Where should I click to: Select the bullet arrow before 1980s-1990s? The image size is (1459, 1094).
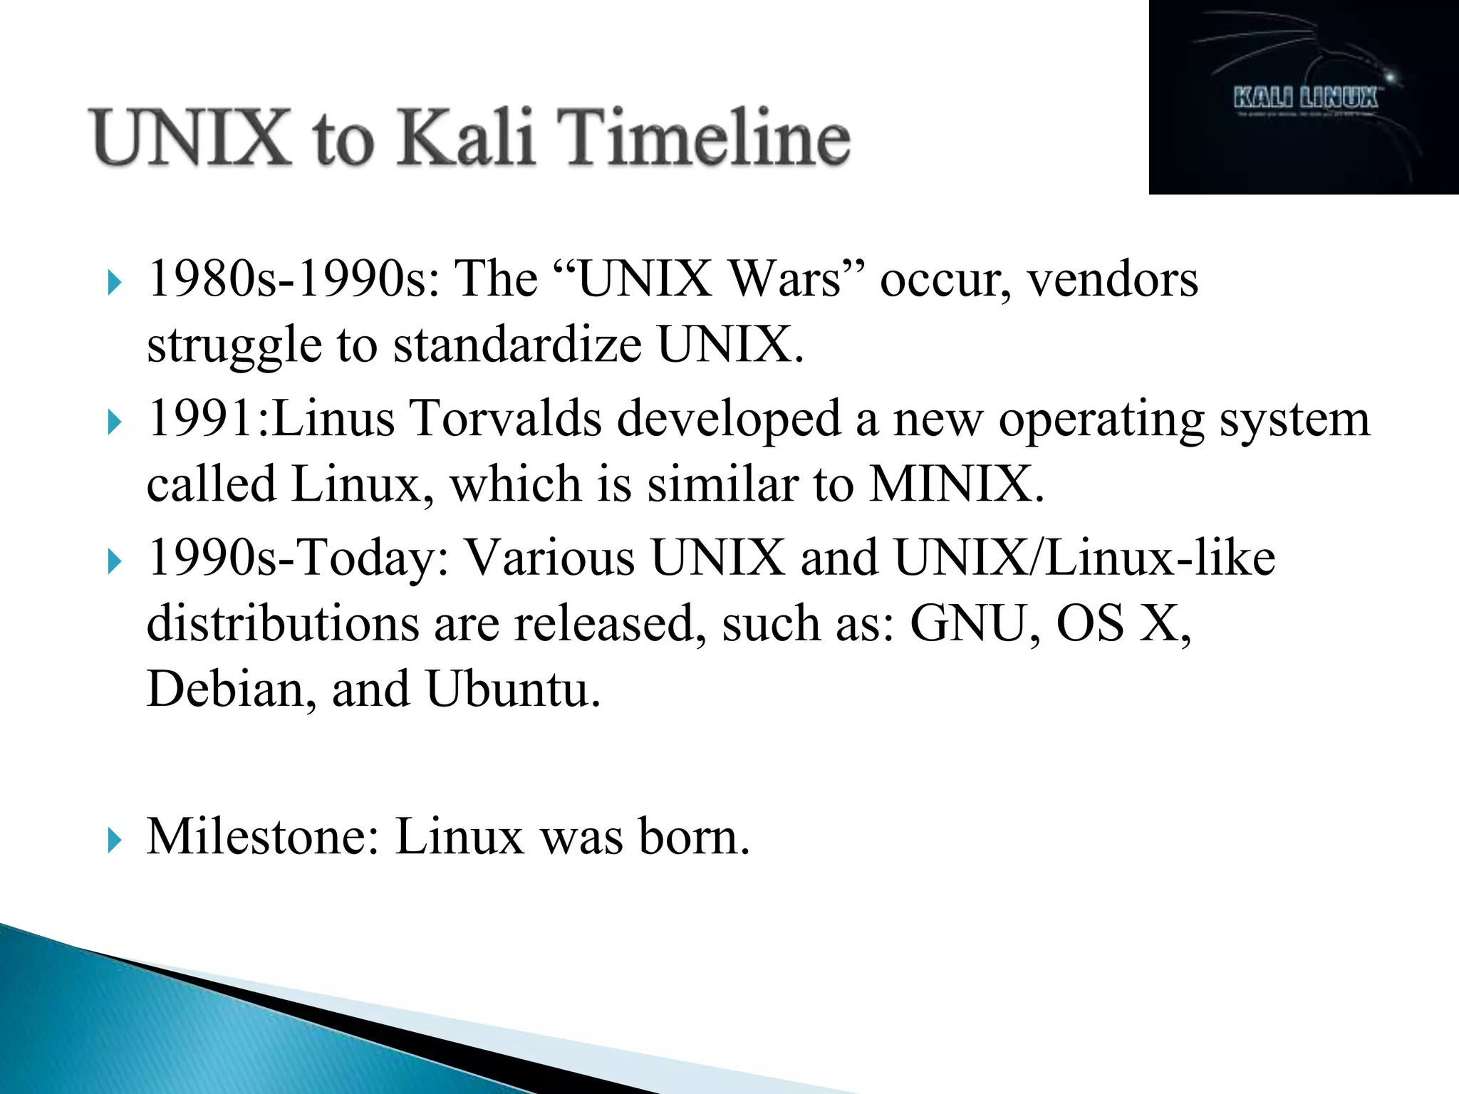114,283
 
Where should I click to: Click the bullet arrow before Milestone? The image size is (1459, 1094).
114,840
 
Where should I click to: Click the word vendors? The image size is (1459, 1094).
1112,278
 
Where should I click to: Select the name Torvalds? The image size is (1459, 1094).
506,418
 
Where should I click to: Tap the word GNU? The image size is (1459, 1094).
967,623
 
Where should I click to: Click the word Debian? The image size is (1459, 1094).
225,689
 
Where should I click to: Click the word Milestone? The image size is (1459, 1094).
254,836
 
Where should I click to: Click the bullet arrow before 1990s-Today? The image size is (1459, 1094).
114,562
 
